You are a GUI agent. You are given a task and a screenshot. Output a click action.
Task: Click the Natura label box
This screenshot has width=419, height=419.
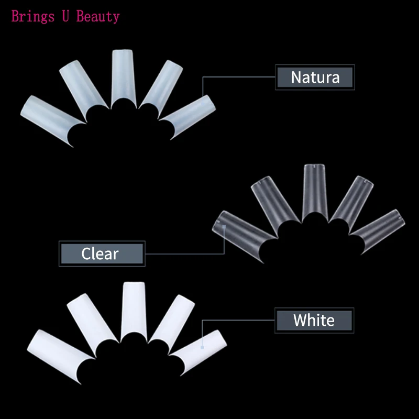click(x=315, y=78)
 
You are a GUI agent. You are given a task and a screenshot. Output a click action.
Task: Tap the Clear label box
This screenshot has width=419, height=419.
click(x=101, y=254)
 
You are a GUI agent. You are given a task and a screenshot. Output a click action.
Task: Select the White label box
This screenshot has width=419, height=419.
click(x=314, y=320)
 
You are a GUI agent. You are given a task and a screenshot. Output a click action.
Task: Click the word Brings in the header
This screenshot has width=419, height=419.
click(x=31, y=17)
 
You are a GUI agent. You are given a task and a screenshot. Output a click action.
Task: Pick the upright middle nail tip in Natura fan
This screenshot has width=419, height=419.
click(x=124, y=76)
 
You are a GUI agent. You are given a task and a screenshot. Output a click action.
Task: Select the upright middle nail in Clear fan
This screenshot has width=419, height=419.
click(x=315, y=191)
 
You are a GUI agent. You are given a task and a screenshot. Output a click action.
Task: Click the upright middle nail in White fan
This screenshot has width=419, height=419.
click(x=134, y=309)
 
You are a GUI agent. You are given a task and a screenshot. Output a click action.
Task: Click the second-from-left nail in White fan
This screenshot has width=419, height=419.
click(x=91, y=322)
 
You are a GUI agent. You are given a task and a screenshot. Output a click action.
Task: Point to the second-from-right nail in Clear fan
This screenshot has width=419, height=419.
click(x=349, y=202)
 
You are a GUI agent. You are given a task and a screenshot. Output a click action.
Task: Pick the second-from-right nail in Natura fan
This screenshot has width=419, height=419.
click(x=160, y=84)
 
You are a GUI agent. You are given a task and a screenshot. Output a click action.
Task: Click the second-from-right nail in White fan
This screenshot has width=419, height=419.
click(x=173, y=319)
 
